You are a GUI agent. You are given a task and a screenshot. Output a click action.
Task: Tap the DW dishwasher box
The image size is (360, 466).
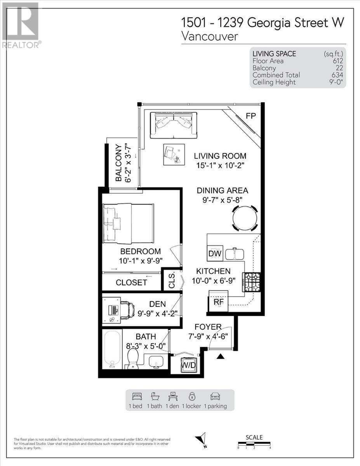215,254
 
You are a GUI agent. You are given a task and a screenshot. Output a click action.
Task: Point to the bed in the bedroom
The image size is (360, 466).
128,223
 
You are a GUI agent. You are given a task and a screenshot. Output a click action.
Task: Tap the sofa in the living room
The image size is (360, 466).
173,124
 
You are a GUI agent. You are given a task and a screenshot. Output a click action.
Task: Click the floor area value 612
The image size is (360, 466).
337,61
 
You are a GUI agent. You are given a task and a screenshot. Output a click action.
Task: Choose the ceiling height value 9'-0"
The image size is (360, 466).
335,82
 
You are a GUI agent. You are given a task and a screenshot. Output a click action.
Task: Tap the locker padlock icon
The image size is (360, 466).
191,396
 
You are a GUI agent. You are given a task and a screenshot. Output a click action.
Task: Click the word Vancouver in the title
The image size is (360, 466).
209,37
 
